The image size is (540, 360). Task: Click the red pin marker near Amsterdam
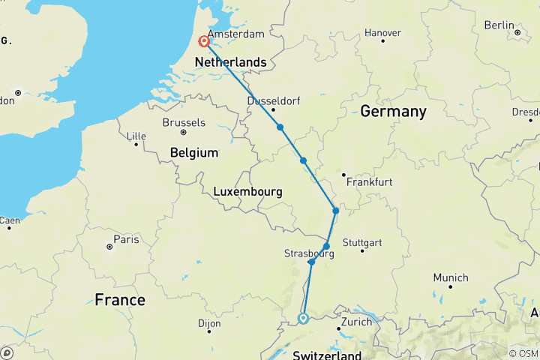tap(204, 42)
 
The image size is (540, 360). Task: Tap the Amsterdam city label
tap(236, 34)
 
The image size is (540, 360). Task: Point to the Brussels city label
tap(184, 122)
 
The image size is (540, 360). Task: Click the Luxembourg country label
tap(247, 191)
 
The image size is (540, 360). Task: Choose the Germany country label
tap(393, 112)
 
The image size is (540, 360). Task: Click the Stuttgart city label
tap(361, 243)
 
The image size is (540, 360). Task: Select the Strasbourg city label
tap(309, 253)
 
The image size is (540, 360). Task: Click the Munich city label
tap(451, 277)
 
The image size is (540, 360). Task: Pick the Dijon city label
tap(209, 324)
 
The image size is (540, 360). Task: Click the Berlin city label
tap(499, 25)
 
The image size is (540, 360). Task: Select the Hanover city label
tap(382, 33)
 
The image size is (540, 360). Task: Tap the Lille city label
tap(136, 136)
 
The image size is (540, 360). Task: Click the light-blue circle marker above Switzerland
tap(303, 318)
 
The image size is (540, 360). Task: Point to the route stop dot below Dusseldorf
tap(280, 127)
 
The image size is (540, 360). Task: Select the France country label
tap(120, 300)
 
